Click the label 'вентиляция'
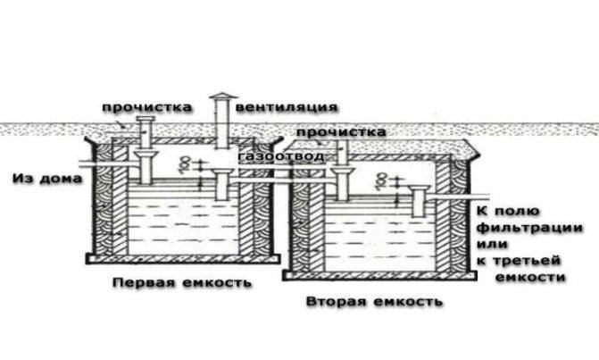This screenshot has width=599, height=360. click(x=287, y=107)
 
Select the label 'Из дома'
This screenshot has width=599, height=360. click(x=47, y=179)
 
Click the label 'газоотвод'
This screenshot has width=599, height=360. click(x=281, y=156)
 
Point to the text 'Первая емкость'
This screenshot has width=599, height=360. click(x=182, y=283)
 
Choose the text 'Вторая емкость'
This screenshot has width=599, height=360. click(x=375, y=302)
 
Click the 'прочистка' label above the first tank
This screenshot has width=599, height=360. click(x=146, y=107)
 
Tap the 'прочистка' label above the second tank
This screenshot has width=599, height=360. click(x=341, y=132)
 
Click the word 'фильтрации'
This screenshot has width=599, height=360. click(x=530, y=228)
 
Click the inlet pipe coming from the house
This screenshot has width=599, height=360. click(x=110, y=163)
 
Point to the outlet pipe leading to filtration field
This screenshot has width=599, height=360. click(x=459, y=197)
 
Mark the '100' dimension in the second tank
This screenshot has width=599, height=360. click(x=382, y=180)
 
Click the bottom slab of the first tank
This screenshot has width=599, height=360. click(x=183, y=259)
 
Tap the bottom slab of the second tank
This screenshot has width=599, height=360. click(x=379, y=275)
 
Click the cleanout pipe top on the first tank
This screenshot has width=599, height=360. click(x=146, y=121)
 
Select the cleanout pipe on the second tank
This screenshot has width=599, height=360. click(x=342, y=154)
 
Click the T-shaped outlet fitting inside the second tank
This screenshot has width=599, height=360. click(x=419, y=200)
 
